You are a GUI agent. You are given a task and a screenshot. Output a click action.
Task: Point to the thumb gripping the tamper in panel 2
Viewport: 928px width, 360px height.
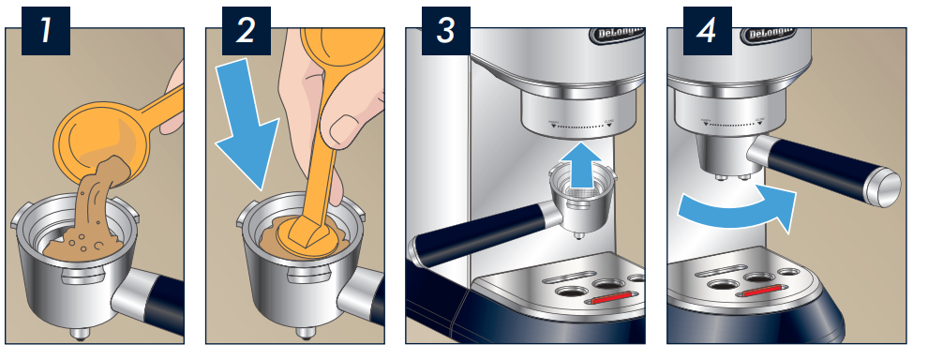tap(349, 130)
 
